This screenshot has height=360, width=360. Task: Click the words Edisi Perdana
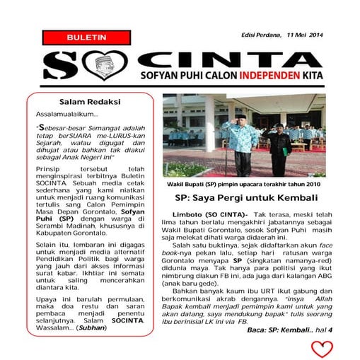click(x=260, y=35)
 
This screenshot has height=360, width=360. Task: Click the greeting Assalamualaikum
click(x=67, y=115)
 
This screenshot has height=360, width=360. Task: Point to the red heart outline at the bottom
click(x=322, y=348)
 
